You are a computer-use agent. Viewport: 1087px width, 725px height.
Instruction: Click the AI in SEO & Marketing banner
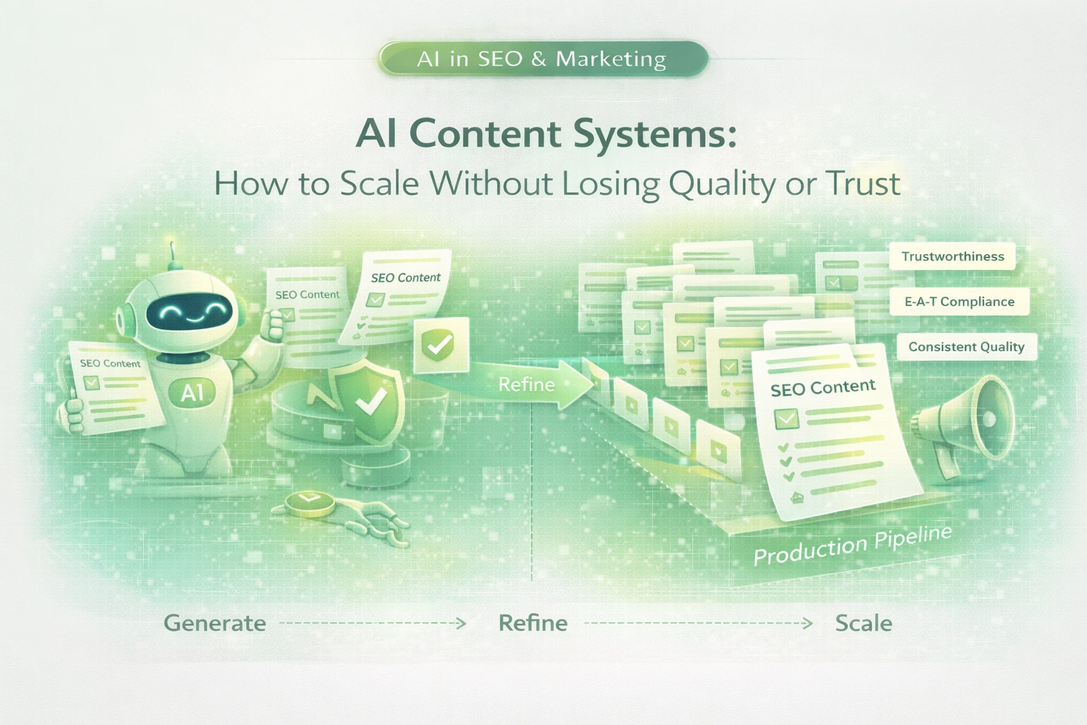coord(543,59)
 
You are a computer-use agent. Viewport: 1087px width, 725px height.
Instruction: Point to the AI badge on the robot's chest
coord(192,393)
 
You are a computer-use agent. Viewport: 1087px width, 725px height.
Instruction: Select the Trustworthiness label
coord(953,256)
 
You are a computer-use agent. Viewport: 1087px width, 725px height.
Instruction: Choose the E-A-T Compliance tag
coord(959,302)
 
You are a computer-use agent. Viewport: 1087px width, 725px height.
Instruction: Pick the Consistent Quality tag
coord(966,347)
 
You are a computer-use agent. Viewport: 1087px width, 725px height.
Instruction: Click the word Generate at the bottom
coord(214,623)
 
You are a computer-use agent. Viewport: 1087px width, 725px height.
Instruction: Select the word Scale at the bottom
coord(863,623)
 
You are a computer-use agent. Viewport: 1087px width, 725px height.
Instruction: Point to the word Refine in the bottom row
coord(533,623)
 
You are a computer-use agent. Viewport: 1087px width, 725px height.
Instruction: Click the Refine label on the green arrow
coord(527,384)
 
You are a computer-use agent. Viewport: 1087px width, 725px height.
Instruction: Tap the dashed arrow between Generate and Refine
coord(373,623)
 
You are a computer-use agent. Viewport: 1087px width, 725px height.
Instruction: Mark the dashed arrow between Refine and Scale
coord(698,623)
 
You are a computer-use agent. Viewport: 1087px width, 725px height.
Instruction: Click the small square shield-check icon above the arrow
coord(441,345)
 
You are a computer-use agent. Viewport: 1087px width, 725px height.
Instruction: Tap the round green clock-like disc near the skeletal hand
coord(309,503)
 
